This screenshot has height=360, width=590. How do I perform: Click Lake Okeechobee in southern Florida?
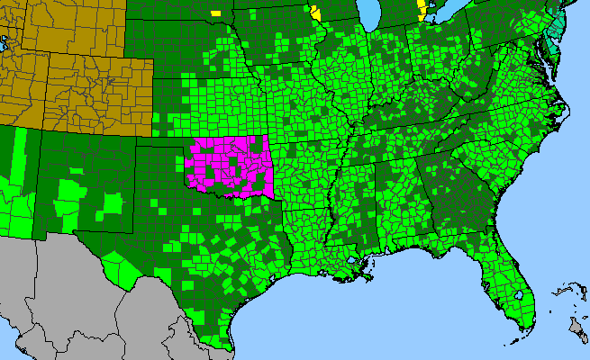[x=520, y=294]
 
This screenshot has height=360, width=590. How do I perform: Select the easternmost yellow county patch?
[x=422, y=10]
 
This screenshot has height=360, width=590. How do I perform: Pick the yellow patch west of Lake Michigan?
[x=314, y=13]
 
